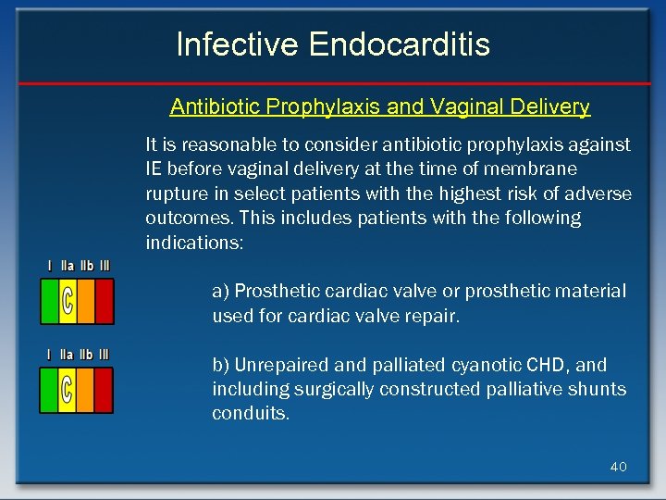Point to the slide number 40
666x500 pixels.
(618, 467)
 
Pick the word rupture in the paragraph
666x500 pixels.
(176, 194)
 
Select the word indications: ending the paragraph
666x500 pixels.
(193, 243)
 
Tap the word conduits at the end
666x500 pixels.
(250, 414)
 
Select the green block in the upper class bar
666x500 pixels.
(49, 301)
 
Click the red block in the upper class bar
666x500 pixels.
(105, 301)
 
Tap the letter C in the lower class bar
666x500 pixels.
(67, 389)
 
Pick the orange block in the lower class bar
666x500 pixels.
(85, 389)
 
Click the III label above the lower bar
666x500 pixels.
(105, 355)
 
